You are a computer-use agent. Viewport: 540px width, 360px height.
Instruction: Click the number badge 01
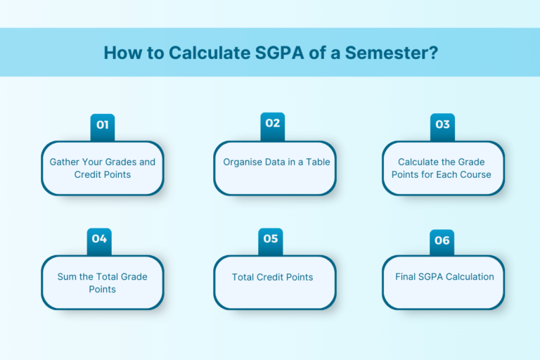click(103, 125)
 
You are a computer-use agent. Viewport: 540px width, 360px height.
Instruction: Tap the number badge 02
click(273, 124)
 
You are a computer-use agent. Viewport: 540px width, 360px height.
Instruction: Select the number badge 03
click(442, 125)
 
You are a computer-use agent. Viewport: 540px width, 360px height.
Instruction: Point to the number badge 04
click(99, 239)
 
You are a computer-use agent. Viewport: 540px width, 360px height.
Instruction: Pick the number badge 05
click(271, 239)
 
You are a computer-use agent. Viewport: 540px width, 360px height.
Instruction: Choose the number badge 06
click(442, 240)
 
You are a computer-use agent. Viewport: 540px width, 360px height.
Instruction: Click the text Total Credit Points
click(273, 277)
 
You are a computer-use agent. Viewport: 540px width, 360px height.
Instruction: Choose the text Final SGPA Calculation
click(444, 276)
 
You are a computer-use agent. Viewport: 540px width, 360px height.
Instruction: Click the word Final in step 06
click(406, 276)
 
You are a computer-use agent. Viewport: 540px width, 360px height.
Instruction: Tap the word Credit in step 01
click(89, 174)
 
